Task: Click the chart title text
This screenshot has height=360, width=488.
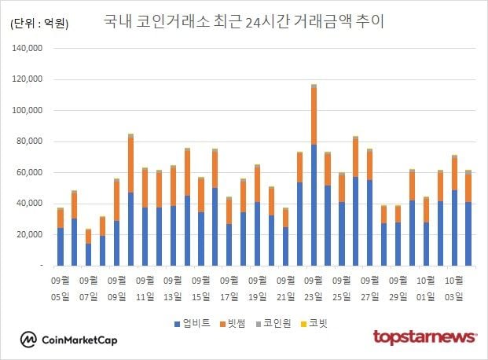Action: [x=244, y=21]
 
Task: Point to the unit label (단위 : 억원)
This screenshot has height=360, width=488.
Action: [x=40, y=24]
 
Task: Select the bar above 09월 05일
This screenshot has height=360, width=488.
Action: [x=60, y=237]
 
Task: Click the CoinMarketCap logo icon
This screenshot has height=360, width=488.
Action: [x=29, y=340]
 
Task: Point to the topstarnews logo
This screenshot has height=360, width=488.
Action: [x=424, y=337]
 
